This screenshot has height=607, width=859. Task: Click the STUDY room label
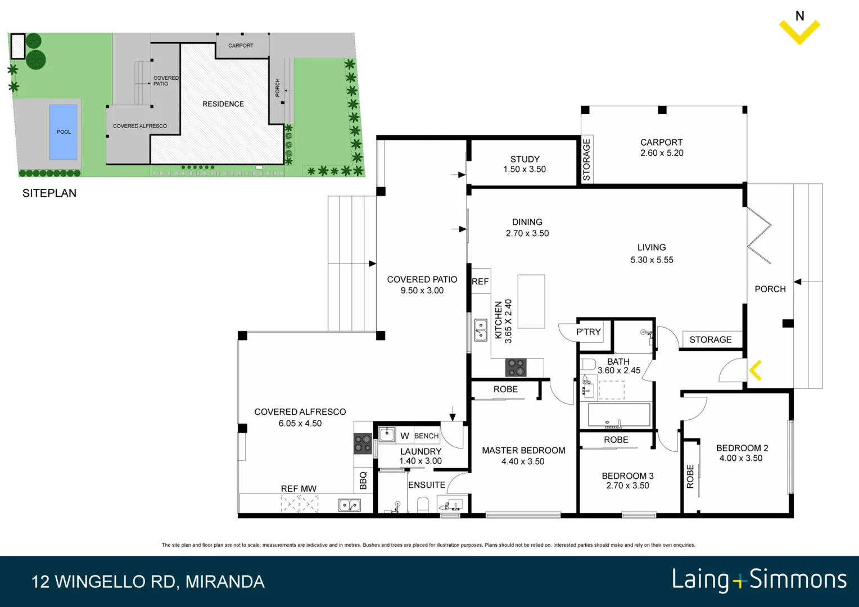tap(525, 160)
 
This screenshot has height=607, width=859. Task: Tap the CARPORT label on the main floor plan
tap(661, 143)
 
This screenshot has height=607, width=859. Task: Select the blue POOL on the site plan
tap(64, 132)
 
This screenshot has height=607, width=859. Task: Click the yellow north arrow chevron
tap(799, 33)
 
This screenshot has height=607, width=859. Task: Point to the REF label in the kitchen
tap(480, 282)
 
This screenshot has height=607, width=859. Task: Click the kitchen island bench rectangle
tap(531, 301)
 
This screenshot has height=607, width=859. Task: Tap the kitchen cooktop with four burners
tap(516, 368)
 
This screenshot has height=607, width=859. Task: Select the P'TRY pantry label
tap(588, 332)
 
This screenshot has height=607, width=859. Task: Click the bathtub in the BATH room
tap(618, 415)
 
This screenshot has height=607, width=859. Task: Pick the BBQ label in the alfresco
tap(363, 481)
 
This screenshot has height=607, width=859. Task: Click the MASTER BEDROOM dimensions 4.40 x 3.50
tap(523, 462)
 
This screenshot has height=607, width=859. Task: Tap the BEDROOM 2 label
tap(742, 448)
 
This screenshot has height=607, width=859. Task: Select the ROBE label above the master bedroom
tap(505, 389)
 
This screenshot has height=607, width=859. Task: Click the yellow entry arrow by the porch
tap(756, 370)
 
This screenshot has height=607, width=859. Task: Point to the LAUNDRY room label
tap(421, 451)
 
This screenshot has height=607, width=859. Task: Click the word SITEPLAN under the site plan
tap(49, 193)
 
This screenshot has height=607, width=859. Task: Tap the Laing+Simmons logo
tap(759, 580)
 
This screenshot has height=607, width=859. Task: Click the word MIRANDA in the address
tap(225, 582)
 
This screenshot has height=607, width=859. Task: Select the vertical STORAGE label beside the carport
tap(586, 160)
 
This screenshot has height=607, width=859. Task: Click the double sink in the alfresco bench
tap(349, 505)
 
